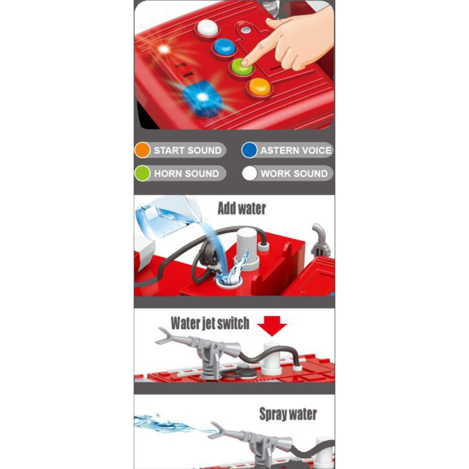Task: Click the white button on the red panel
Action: click(208, 28)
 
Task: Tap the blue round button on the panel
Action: click(225, 47)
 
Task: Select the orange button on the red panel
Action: click(260, 86)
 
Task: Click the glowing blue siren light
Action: click(200, 98)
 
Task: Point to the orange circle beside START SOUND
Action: click(142, 150)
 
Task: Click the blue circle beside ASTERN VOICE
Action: click(250, 150)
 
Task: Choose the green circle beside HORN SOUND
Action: click(142, 174)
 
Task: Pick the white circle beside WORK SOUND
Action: click(250, 174)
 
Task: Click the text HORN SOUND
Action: click(186, 174)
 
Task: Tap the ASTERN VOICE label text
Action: click(296, 151)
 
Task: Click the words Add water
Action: click(242, 209)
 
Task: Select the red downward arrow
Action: click(272, 326)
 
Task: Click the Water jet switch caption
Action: click(210, 324)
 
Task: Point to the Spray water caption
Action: click(288, 414)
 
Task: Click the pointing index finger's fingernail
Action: click(244, 63)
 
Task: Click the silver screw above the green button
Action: click(246, 29)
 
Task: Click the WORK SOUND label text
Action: click(294, 174)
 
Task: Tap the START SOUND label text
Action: click(188, 151)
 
